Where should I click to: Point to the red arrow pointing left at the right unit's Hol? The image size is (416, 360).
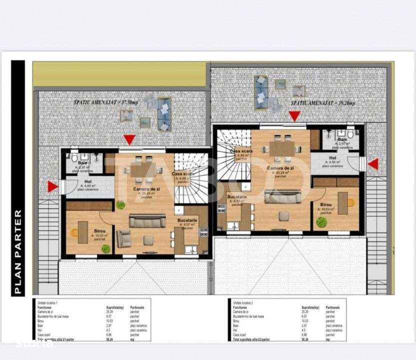(x=373, y=164)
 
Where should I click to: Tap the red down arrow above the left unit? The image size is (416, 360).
(x=129, y=139)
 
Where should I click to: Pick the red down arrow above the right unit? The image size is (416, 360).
(x=294, y=116)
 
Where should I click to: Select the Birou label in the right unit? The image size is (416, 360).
(x=322, y=204)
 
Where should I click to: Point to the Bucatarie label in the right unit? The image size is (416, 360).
(x=236, y=197)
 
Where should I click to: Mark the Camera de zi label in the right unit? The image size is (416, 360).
(x=280, y=168)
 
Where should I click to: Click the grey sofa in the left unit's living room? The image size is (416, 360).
(x=147, y=220)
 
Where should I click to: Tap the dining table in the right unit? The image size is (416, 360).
(x=282, y=147)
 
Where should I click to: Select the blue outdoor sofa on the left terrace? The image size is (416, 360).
(x=164, y=113)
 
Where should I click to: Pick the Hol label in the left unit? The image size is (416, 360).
(x=88, y=182)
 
